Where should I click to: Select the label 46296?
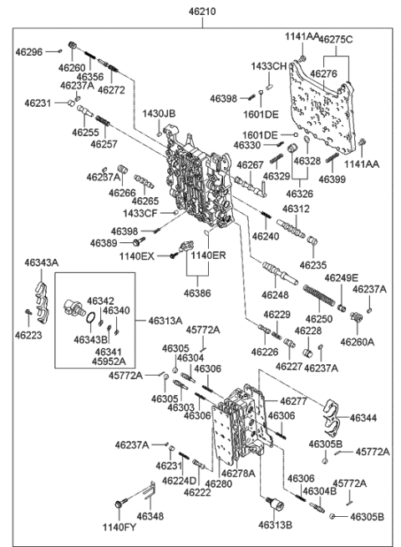coord(29,51)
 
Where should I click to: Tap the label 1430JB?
coord(159,114)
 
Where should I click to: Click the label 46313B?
coord(279,525)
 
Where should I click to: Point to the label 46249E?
coord(342,277)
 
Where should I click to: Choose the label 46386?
coord(198,293)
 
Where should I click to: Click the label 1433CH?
coord(269,65)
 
